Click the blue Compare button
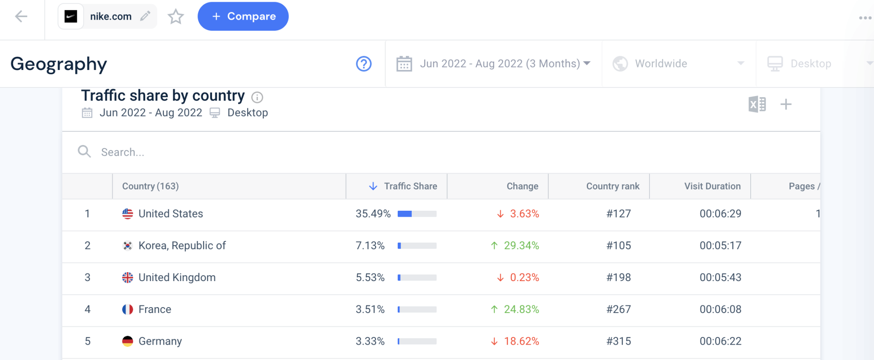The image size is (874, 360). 243,16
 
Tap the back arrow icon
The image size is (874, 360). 21,17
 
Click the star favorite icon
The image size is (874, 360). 175,17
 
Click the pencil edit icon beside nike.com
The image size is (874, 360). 145,16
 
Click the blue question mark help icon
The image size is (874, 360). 364,64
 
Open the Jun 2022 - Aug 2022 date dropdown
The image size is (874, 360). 493,64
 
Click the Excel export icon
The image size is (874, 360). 757,104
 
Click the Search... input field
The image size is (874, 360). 256,152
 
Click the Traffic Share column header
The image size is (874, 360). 410,186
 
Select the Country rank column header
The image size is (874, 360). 612,186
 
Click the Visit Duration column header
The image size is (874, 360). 712,186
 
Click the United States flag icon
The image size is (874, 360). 128,214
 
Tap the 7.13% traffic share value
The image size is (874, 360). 370,246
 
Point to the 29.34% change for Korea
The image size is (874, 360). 521,246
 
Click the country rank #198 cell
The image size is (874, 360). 618,278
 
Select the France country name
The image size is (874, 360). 154,310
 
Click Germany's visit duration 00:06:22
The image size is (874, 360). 720,341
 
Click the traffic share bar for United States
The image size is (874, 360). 417,214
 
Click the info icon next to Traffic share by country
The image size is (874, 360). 257,98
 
